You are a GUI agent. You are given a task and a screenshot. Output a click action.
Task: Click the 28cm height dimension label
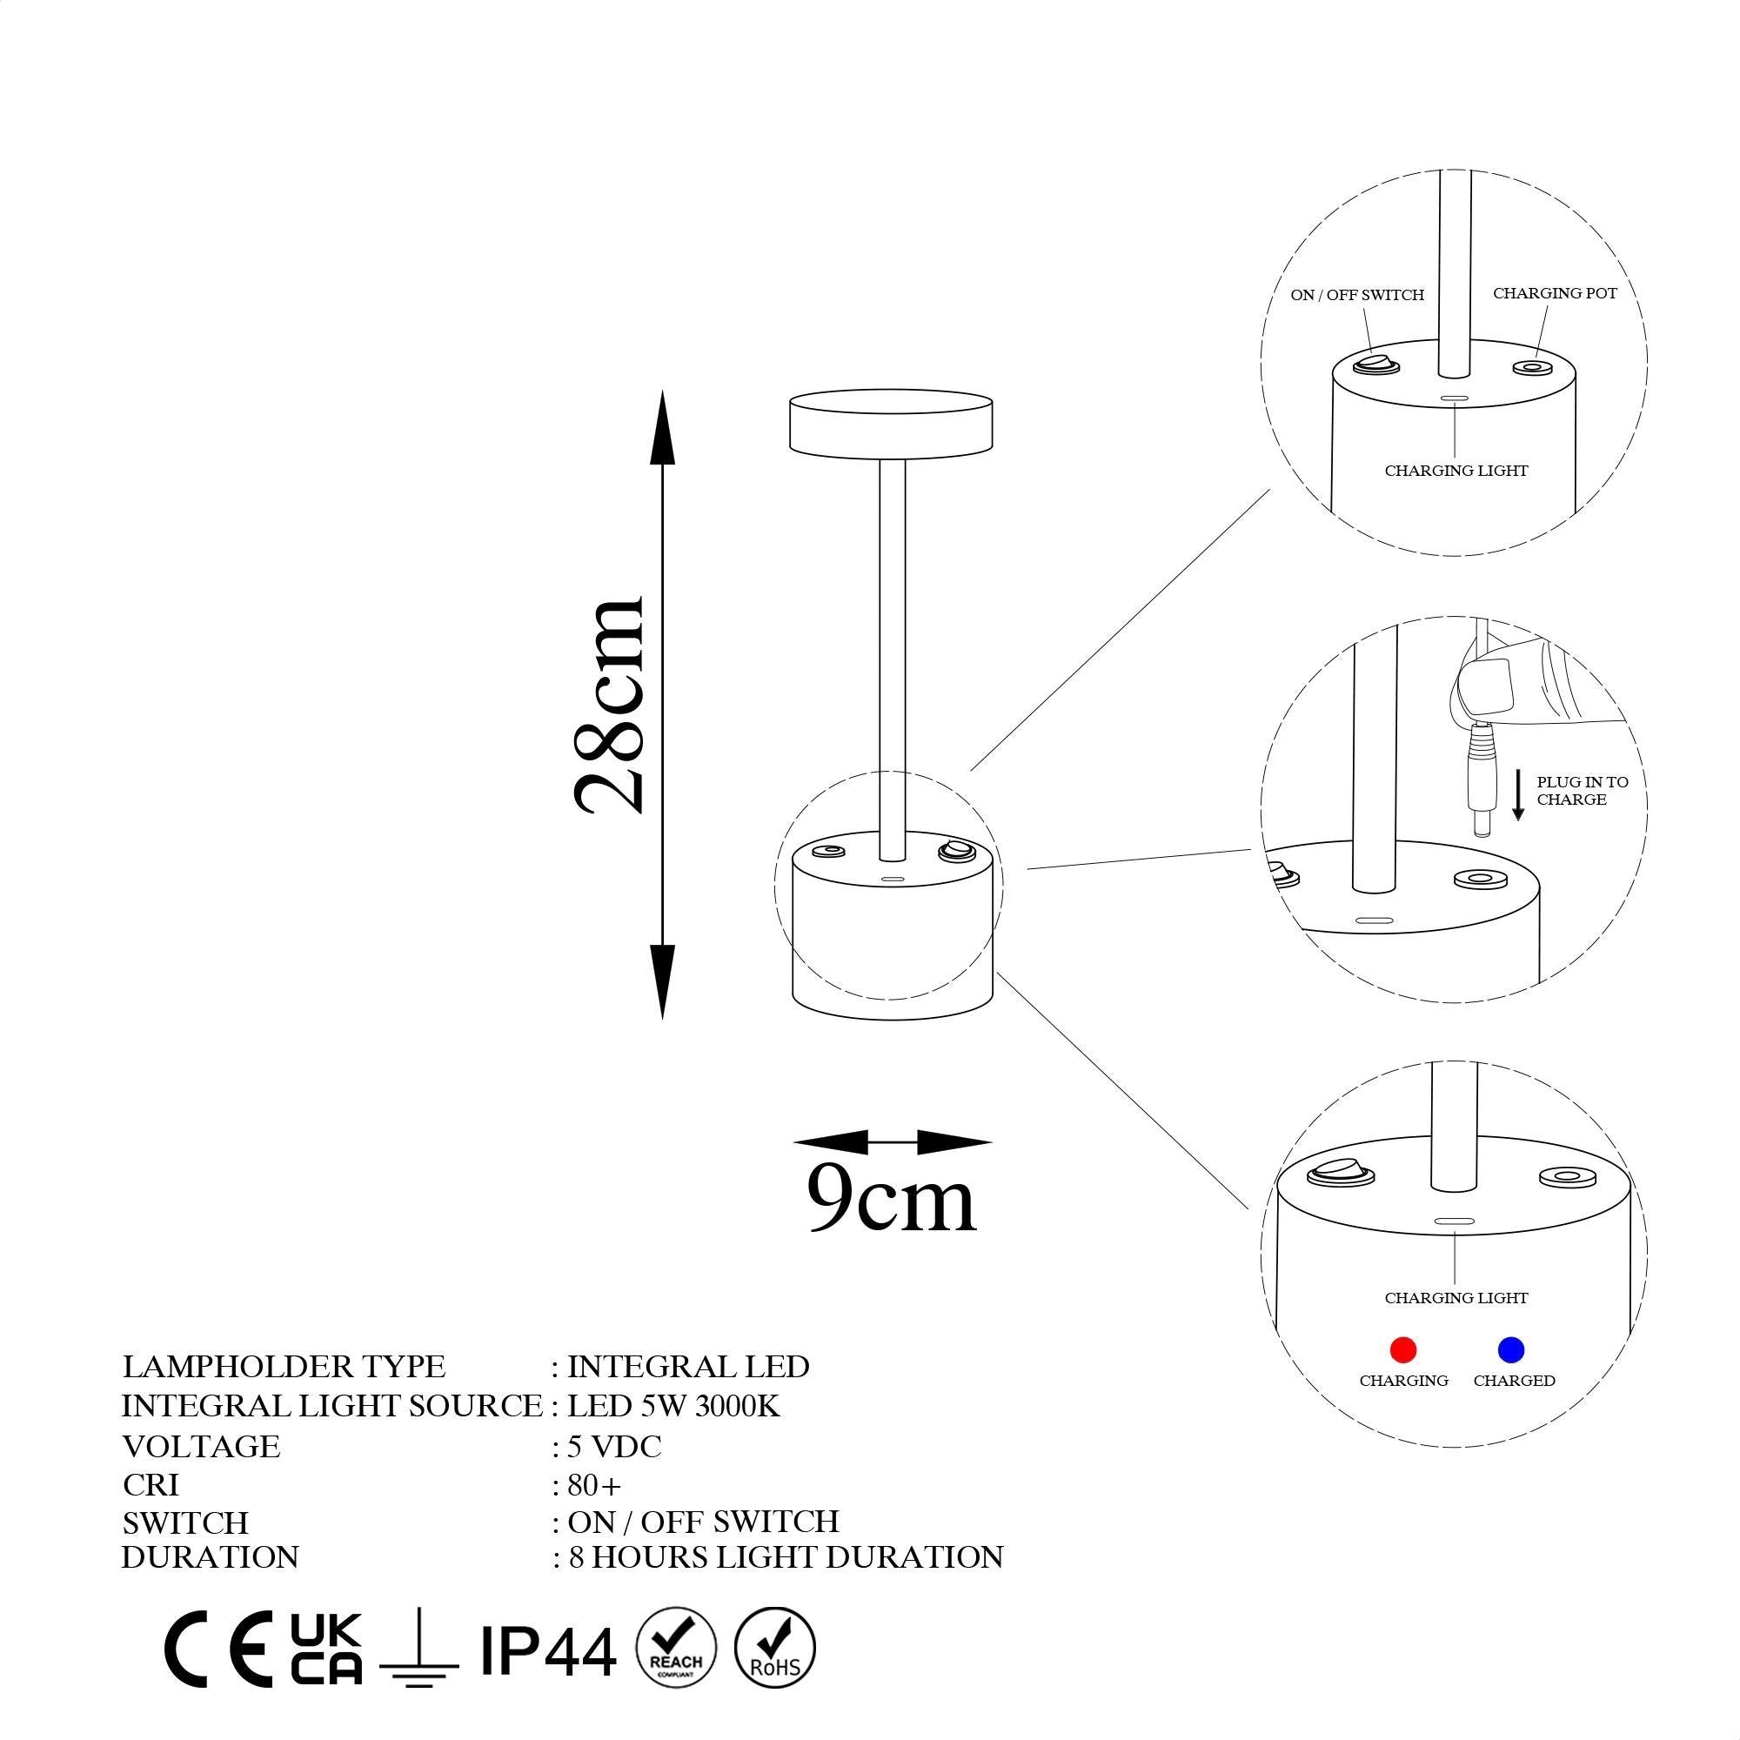pos(609,705)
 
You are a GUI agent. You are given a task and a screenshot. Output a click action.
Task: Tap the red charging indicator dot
pos(1403,1349)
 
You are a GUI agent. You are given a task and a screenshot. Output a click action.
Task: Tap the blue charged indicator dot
pos(1510,1349)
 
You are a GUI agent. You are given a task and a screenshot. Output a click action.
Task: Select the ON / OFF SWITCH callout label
pos(1356,296)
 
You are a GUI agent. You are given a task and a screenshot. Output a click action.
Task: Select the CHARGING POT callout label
pos(1555,293)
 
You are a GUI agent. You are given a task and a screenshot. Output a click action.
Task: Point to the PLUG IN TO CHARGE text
pos(1582,791)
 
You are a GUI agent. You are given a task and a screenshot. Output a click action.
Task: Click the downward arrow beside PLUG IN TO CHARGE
pos(1517,794)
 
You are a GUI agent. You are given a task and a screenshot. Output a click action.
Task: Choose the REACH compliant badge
pos(675,1647)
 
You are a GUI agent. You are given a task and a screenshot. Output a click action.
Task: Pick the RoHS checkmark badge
pos(774,1647)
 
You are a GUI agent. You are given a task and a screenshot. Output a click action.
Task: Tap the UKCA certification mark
pos(326,1648)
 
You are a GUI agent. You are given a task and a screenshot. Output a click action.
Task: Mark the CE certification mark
pos(219,1648)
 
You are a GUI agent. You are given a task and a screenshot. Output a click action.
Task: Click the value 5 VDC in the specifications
pos(614,1447)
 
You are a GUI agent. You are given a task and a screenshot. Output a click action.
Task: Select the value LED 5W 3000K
pos(673,1406)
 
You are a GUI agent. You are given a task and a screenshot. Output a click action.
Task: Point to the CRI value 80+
pos(594,1484)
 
